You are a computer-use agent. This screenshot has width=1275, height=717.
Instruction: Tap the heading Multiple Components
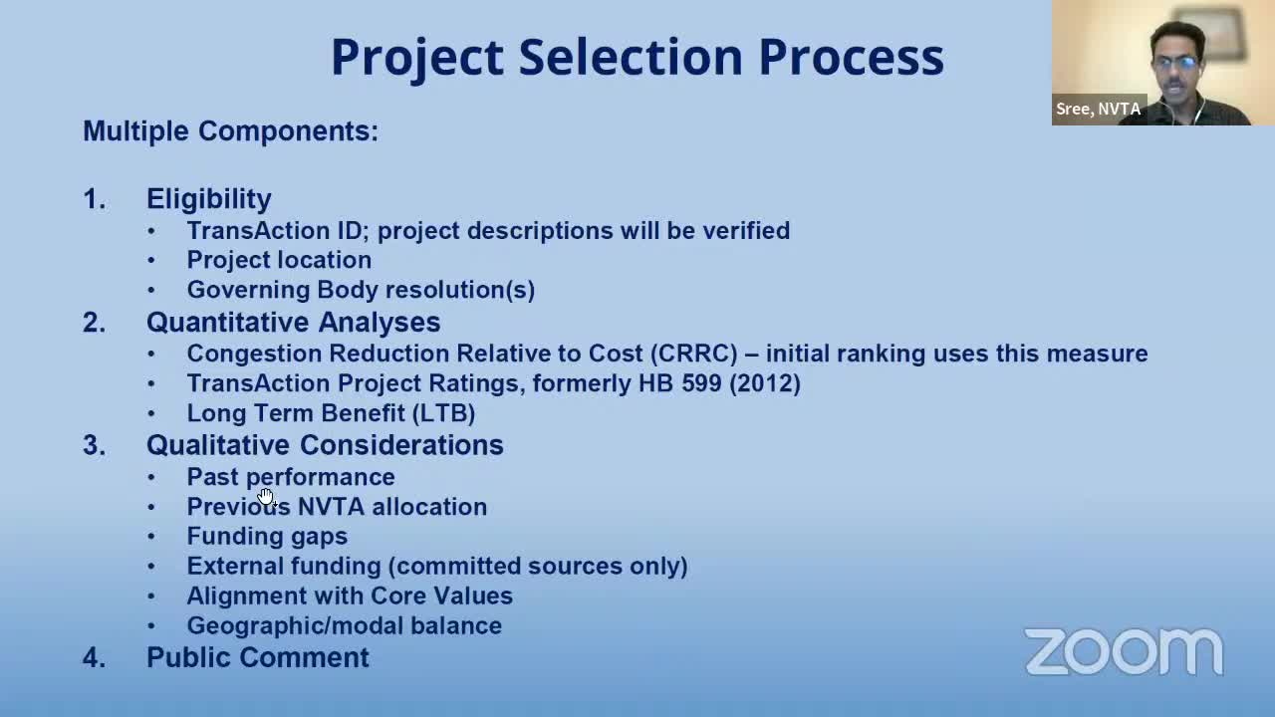coord(230,131)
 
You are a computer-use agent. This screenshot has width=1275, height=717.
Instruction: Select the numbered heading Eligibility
coord(208,199)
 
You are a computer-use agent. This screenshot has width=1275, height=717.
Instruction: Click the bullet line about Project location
coord(279,260)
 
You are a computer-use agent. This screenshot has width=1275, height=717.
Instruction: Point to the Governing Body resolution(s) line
coord(361,290)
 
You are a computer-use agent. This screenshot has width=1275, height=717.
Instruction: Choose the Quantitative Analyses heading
coord(293,323)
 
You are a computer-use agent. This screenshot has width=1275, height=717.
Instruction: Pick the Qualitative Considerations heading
coord(325,445)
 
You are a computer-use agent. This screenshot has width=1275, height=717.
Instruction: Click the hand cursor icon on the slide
coord(265,496)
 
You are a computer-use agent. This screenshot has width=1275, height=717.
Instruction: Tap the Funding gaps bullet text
coord(267,537)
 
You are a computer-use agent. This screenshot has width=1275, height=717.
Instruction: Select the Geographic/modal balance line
coord(344,625)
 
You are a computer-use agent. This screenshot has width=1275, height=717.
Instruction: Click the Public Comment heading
coord(257,657)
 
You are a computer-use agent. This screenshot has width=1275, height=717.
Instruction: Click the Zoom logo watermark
coord(1124,652)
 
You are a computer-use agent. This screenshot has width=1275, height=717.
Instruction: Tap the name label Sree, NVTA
coord(1098,110)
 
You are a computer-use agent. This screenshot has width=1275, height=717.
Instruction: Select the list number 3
coord(94,445)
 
